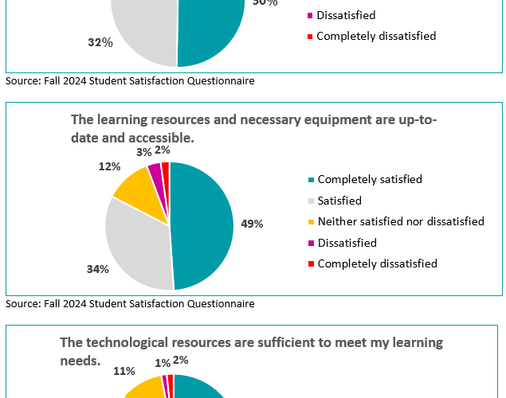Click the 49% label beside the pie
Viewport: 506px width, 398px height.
pos(253,224)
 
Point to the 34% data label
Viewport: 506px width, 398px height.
pos(97,269)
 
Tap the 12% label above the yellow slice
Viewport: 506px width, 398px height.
pos(110,166)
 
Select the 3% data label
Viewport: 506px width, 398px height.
pos(144,151)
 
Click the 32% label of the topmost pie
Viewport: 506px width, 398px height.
pos(100,42)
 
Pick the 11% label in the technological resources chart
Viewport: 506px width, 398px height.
pos(124,370)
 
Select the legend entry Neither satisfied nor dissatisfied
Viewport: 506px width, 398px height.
pos(401,221)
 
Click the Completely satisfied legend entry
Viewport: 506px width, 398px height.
pos(370,180)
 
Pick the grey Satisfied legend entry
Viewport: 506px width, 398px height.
pos(339,201)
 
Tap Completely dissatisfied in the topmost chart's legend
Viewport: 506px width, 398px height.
pos(376,36)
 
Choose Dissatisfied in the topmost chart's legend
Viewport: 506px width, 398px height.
pos(346,15)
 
